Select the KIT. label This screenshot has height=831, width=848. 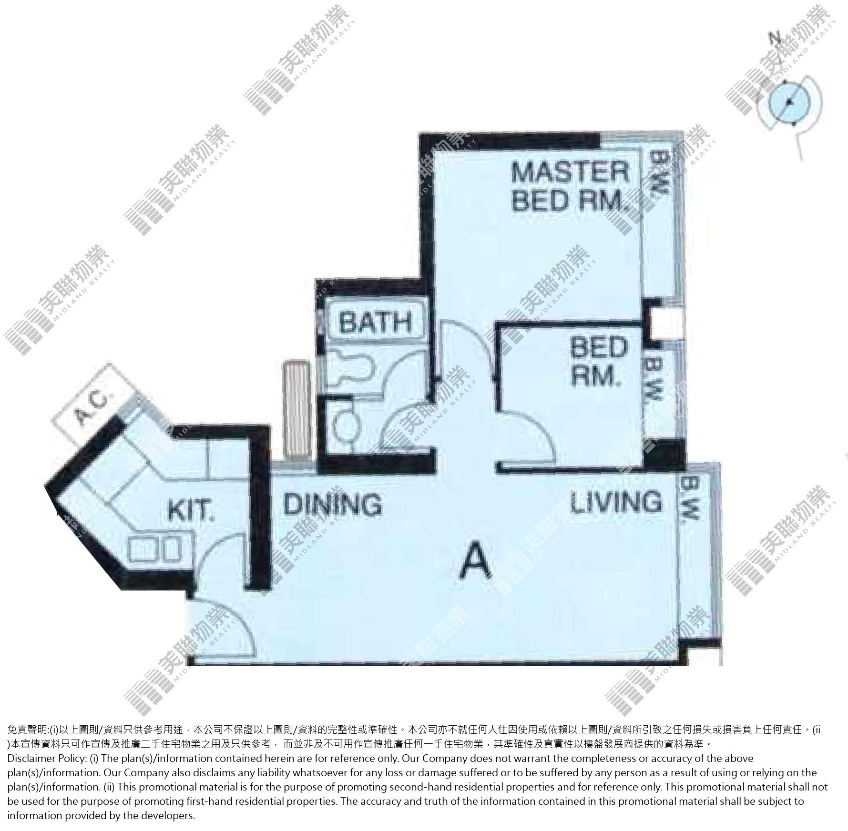(190, 510)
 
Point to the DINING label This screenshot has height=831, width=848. (333, 503)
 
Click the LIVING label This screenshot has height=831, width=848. (616, 502)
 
